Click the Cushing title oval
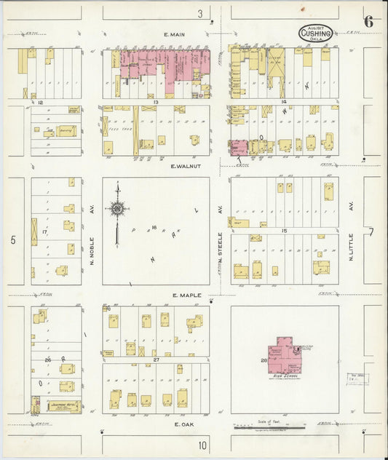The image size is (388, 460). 315,33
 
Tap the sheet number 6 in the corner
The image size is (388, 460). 369,21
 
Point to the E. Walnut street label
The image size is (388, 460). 183,166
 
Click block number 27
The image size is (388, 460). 155,360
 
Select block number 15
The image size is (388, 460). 284,231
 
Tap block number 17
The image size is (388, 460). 44,233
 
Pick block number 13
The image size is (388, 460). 156,103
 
